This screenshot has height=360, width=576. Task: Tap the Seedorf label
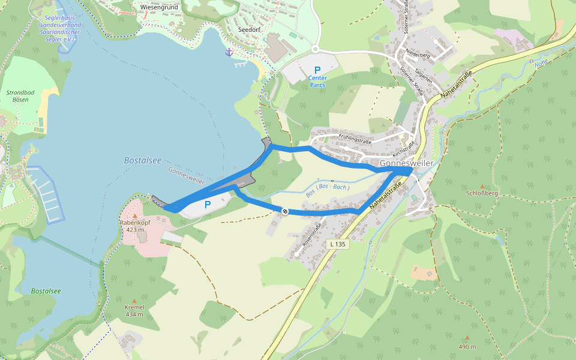(x=248, y=29)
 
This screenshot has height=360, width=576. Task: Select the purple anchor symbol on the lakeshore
(x=229, y=53)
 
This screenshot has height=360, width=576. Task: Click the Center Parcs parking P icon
(x=317, y=70)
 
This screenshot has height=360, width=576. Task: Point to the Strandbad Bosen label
(x=21, y=96)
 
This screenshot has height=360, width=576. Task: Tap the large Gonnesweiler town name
(x=406, y=163)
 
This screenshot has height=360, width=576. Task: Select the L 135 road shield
(x=338, y=244)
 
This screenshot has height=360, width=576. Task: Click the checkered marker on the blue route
(x=285, y=211)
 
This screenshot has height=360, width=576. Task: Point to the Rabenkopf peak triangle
(x=135, y=215)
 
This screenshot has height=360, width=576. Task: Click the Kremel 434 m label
(x=134, y=310)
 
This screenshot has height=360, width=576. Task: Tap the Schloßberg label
(x=482, y=193)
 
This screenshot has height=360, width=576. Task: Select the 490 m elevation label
(x=467, y=347)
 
